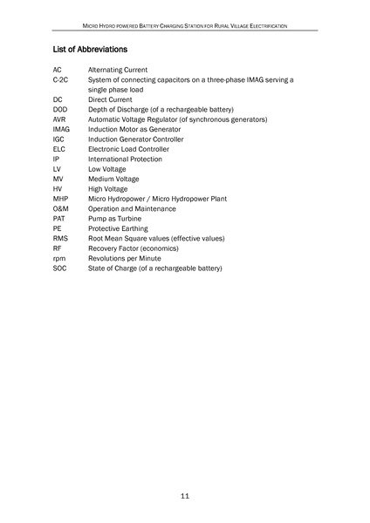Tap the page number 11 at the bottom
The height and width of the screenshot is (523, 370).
185,496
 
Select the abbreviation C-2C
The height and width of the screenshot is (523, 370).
60,79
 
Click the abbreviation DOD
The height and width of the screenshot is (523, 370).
60,109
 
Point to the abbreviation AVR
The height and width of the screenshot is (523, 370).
59,119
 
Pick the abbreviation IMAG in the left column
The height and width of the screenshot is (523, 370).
62,129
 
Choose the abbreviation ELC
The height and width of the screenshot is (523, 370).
59,149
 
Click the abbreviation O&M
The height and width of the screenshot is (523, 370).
61,208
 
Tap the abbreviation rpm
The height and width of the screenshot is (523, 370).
59,258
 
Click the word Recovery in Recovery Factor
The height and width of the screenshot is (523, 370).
103,248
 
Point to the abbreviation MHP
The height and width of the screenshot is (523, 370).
60,199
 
